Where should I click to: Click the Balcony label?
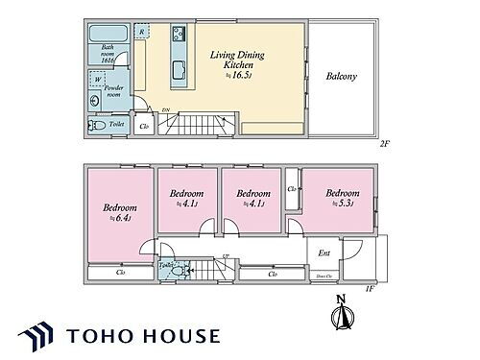(x=343, y=76)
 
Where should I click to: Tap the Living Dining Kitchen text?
(x=234, y=61)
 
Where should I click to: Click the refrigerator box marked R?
(x=142, y=33)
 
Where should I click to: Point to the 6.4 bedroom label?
(x=120, y=212)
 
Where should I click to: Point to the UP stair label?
(x=224, y=256)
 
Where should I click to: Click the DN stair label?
(x=165, y=111)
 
